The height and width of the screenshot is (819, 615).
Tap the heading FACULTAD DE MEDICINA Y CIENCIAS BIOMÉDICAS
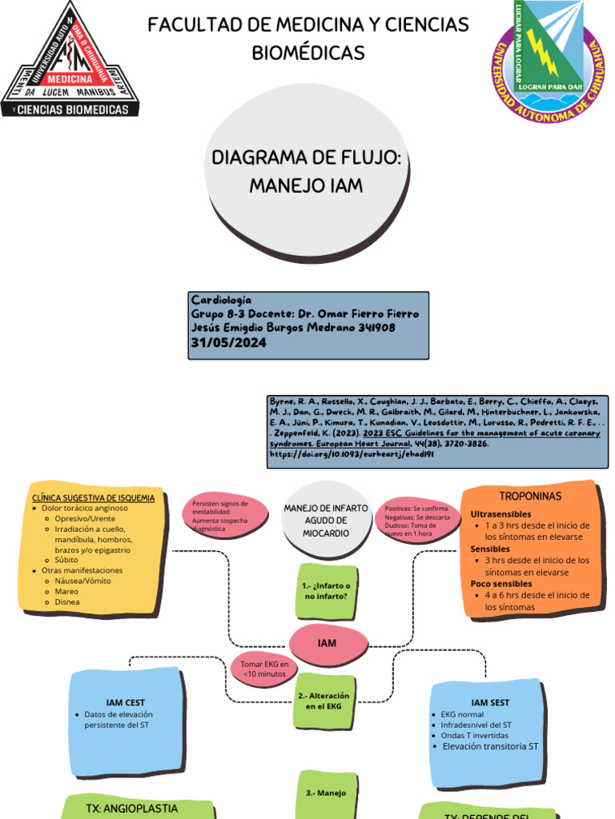(x=308, y=38)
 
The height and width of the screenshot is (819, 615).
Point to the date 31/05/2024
(x=228, y=342)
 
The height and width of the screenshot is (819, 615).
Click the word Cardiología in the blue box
(x=221, y=299)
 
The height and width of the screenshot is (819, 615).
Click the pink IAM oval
(x=327, y=643)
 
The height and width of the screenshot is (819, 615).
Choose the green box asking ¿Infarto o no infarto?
(x=326, y=591)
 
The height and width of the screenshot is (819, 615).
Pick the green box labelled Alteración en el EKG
(x=324, y=701)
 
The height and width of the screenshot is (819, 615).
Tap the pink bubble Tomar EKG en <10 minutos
(x=263, y=669)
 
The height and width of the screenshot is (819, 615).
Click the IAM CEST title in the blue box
(x=125, y=702)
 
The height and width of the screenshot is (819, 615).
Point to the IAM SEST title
(x=490, y=702)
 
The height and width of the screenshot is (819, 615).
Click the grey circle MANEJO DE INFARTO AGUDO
(x=326, y=521)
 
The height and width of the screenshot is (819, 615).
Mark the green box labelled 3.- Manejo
(x=326, y=793)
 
